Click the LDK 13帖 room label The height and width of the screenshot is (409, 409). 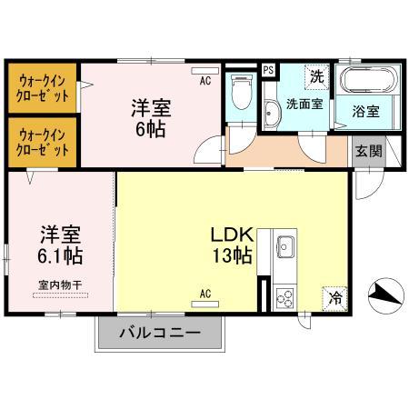click(232, 243)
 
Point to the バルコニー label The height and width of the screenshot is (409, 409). click(160, 333)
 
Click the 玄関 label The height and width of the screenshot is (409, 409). click(367, 151)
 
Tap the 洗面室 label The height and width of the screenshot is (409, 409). click(304, 104)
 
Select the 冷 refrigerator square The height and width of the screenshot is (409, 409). click(334, 295)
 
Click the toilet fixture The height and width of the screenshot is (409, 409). click(242, 91)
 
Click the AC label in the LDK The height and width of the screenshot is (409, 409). click(205, 294)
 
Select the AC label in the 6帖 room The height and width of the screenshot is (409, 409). click(205, 81)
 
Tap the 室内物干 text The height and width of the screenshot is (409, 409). click(59, 284)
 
